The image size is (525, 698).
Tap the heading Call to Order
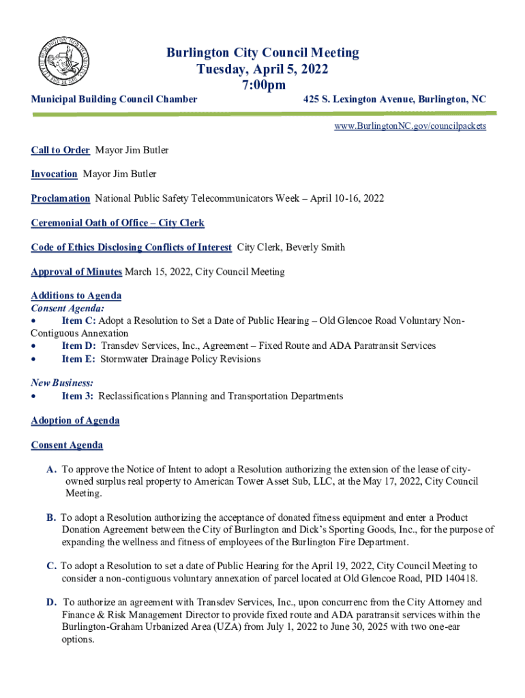60,150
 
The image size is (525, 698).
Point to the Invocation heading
54,174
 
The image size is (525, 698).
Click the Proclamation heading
60,198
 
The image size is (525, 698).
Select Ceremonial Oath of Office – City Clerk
117,223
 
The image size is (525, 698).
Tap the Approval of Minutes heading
76,272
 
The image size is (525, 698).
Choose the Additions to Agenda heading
76,296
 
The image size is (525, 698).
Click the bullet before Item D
34,346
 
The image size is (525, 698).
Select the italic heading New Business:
62,383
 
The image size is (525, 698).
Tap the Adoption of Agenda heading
75,421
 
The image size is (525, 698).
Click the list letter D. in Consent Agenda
51,603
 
